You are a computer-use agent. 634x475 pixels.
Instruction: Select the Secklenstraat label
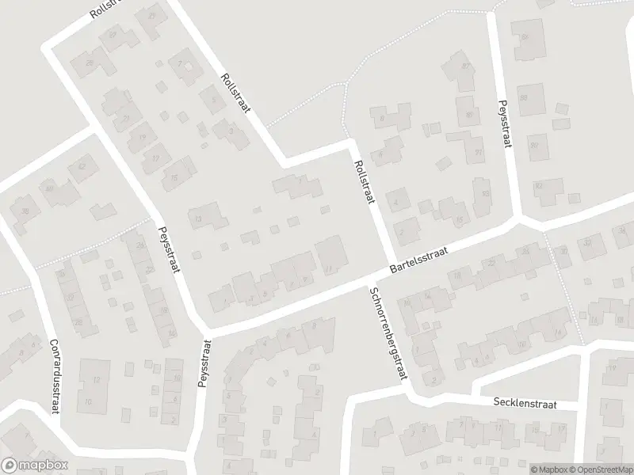(x=525, y=404)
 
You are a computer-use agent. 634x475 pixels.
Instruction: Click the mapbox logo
(x=35, y=465)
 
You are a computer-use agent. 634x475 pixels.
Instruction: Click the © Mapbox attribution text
(x=548, y=469)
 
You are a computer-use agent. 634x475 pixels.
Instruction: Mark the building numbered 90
(x=534, y=146)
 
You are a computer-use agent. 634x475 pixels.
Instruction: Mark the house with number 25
(x=90, y=63)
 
